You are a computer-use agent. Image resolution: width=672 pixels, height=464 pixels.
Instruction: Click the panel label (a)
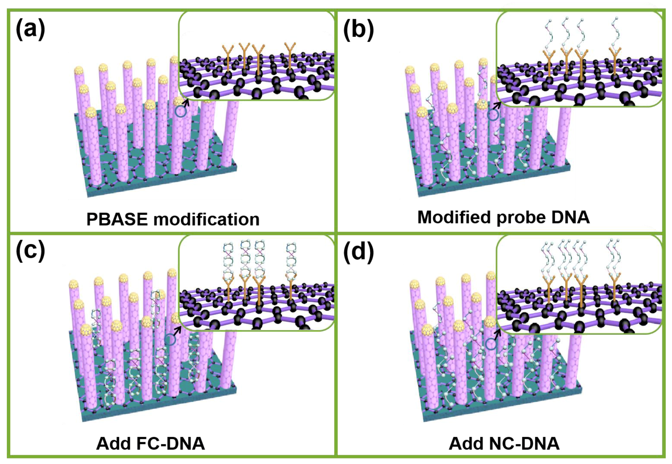coord(30,29)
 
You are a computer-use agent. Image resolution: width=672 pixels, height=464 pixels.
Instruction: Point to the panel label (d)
coord(358,252)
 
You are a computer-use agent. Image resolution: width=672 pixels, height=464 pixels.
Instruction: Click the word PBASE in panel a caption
coord(117,219)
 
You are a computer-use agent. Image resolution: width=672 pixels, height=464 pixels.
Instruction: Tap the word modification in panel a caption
coord(207,219)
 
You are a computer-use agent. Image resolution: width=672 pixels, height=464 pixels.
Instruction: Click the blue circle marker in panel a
coord(181,112)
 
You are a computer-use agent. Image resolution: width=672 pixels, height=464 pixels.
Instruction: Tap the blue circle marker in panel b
coord(493,115)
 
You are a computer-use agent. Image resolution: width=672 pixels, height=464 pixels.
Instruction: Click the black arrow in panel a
coord(186,103)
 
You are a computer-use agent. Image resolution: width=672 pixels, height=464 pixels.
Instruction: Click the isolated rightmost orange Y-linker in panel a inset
coord(290,55)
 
